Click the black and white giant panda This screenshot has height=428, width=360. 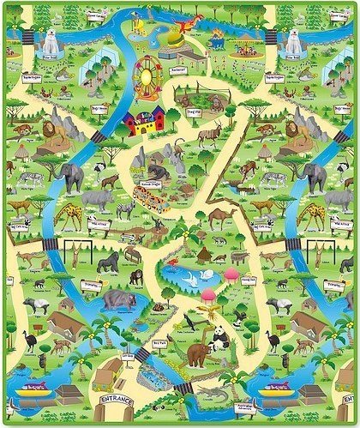pos(220,338)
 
